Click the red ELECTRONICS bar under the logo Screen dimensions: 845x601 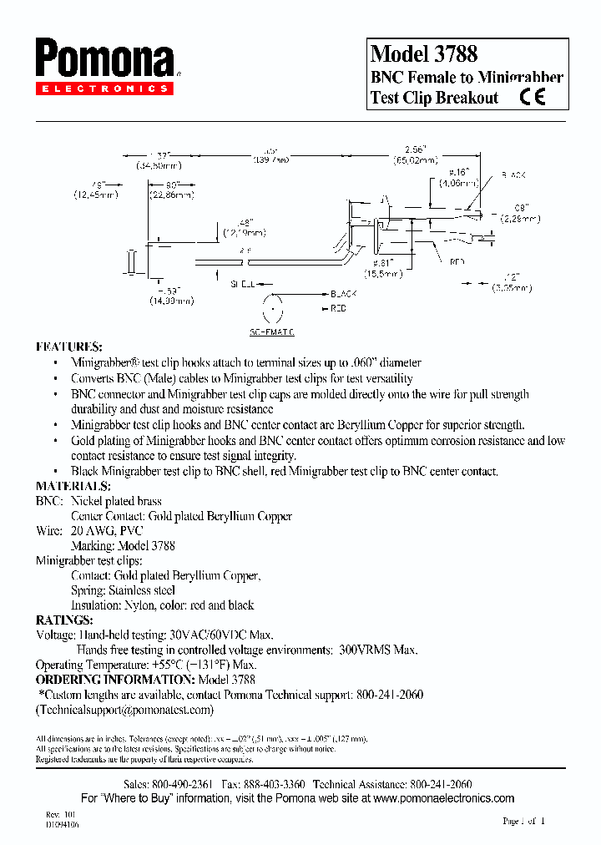point(104,88)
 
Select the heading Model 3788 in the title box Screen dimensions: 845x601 point(424,54)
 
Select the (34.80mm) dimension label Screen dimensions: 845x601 point(159,165)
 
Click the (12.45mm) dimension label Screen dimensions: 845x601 point(96,195)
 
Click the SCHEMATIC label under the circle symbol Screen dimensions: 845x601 point(272,331)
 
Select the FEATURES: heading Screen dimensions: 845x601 point(69,346)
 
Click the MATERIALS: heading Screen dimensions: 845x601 point(73,485)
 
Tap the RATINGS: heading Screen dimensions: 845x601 point(64,620)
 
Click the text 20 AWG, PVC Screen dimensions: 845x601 point(107,530)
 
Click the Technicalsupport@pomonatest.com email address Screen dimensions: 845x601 point(125,710)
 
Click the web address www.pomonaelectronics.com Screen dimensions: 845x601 point(442,798)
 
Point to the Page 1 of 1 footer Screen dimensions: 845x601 point(523,821)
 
